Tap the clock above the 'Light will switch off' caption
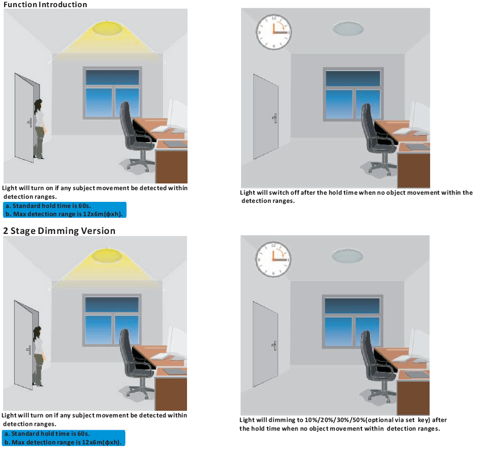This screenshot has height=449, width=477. (x=274, y=32)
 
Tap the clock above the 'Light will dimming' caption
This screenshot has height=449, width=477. (x=273, y=259)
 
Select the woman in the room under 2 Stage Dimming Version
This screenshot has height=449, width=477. (x=39, y=356)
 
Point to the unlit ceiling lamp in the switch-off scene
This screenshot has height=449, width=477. (x=348, y=29)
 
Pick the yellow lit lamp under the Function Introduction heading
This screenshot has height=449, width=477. (x=108, y=28)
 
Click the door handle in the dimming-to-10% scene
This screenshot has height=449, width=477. (x=274, y=346)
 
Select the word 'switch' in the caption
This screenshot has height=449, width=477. (x=279, y=193)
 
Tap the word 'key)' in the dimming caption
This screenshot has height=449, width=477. (x=423, y=420)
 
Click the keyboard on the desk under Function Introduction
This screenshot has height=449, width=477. (x=162, y=129)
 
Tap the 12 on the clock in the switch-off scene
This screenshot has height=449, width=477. (x=274, y=18)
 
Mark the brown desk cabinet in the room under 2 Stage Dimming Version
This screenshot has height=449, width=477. (x=171, y=394)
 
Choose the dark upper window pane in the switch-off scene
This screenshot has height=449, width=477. (x=353, y=78)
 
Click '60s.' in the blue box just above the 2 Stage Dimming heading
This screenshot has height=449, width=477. (x=85, y=206)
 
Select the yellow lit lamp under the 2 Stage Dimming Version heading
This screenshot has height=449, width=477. (x=107, y=255)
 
